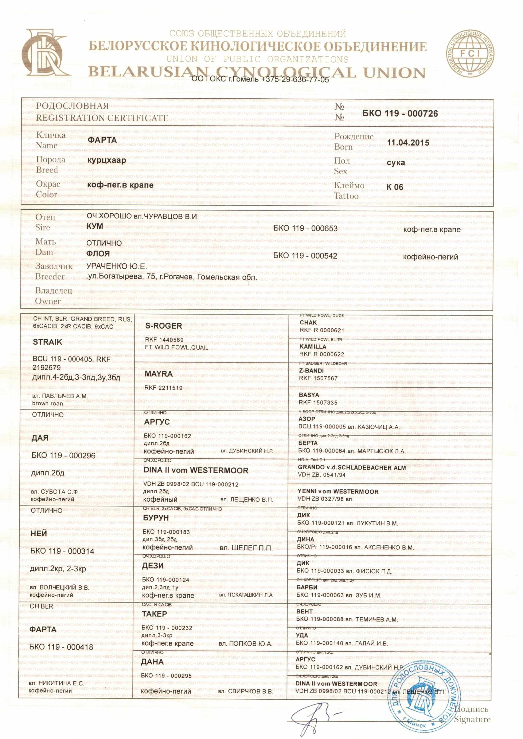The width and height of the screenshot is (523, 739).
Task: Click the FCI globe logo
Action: point(471,55)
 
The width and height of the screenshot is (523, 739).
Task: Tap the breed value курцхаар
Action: point(107,160)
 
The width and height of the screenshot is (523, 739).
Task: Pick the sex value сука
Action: point(396,163)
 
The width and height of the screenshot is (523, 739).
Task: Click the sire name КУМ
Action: point(95,226)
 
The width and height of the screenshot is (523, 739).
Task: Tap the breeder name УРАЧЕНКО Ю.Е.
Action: point(117,266)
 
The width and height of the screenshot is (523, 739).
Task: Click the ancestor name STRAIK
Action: point(47,342)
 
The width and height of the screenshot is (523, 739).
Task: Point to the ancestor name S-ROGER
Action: point(163,326)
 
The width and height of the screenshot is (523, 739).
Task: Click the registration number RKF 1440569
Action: point(164,340)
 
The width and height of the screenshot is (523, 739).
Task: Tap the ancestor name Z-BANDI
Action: point(311,371)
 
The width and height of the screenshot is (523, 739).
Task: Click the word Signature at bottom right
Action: point(472,719)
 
